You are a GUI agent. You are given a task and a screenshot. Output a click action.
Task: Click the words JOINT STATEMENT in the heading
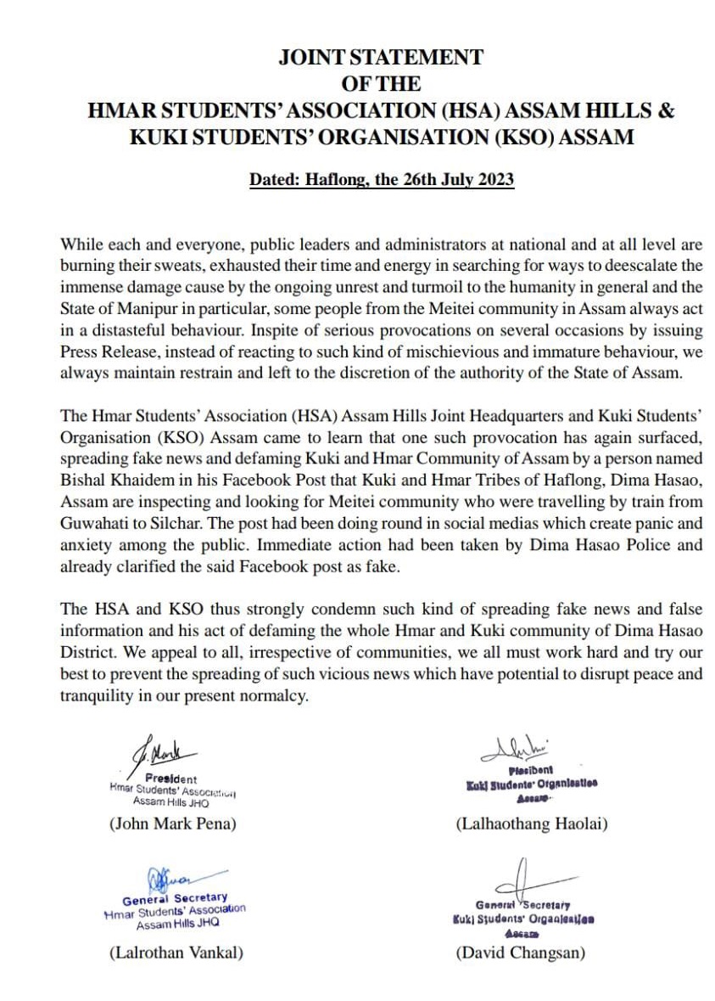pos(381,58)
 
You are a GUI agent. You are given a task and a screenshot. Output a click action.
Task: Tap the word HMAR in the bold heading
pos(125,110)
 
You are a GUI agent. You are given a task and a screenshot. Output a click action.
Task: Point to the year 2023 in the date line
pos(493,180)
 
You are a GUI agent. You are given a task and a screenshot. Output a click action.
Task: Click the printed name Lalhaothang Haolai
pos(532,824)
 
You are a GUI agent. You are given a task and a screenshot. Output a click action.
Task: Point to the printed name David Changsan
pos(521,953)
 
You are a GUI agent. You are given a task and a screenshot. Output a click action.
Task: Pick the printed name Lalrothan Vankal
pos(176,953)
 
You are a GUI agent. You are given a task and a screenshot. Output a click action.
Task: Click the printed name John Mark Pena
pos(172,824)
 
